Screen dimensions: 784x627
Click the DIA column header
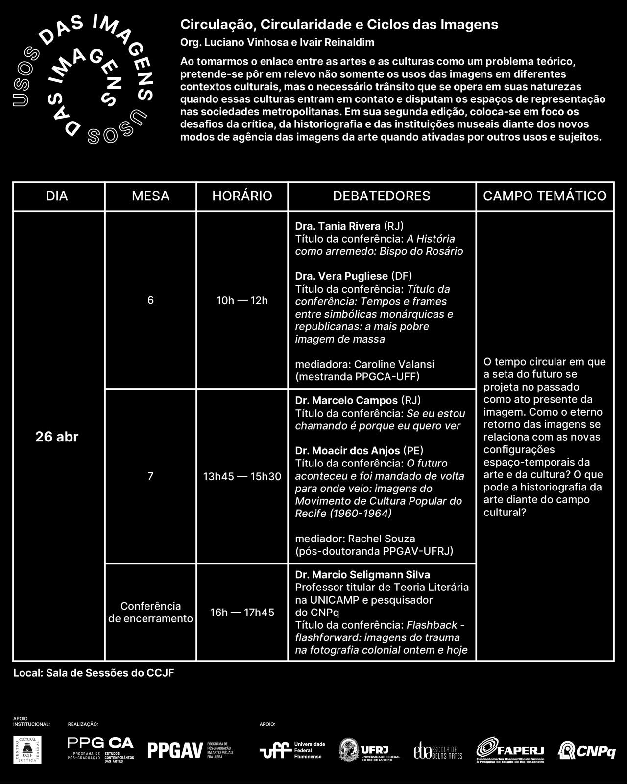(x=57, y=196)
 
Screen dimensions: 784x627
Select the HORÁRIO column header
(x=242, y=196)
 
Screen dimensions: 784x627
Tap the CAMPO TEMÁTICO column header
(x=545, y=196)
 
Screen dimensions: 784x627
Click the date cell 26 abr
(x=57, y=437)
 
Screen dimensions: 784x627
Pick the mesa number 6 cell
(x=150, y=300)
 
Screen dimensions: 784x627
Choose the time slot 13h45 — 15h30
(x=242, y=476)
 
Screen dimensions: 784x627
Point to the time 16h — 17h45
(x=242, y=612)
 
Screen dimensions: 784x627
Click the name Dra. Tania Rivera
(x=338, y=226)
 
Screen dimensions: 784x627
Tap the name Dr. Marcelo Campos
(x=346, y=400)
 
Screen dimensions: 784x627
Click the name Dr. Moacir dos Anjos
(x=347, y=451)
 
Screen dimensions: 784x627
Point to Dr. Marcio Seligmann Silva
(x=362, y=574)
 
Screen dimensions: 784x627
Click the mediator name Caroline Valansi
(x=394, y=364)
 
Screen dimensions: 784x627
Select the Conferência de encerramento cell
(x=150, y=612)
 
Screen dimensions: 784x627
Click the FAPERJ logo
(x=510, y=750)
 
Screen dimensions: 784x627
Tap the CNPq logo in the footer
(x=587, y=750)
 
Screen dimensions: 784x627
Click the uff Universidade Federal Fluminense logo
(x=292, y=750)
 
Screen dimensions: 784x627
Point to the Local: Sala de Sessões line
(x=94, y=673)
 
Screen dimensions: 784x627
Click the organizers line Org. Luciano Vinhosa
(x=277, y=42)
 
